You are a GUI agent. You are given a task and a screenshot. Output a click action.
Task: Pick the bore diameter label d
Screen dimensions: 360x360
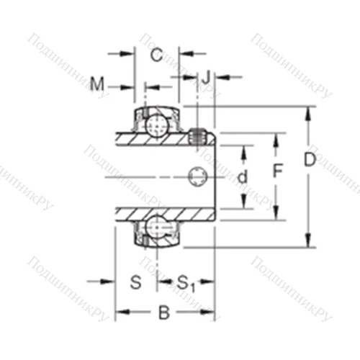click(x=243, y=176)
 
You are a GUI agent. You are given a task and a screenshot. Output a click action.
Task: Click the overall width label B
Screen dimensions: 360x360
click(x=163, y=312)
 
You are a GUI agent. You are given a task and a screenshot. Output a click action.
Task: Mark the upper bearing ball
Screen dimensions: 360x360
click(x=154, y=127)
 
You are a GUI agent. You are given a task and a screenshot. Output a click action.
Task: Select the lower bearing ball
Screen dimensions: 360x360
click(x=154, y=228)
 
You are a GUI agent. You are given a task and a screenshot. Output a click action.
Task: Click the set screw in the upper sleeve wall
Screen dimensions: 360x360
click(x=199, y=134)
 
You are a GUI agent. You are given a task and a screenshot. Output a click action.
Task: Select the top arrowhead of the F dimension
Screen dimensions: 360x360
click(x=276, y=137)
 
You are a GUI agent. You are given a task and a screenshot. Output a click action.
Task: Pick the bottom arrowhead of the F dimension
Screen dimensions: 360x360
click(x=276, y=215)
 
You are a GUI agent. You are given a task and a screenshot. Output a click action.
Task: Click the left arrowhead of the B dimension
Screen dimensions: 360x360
click(x=120, y=312)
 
